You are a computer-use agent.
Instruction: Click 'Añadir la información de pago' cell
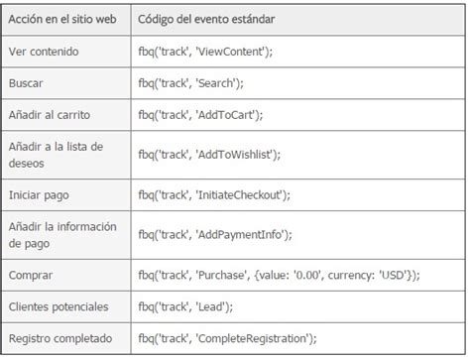click(62, 234)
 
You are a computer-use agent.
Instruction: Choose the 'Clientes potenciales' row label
click(58, 306)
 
